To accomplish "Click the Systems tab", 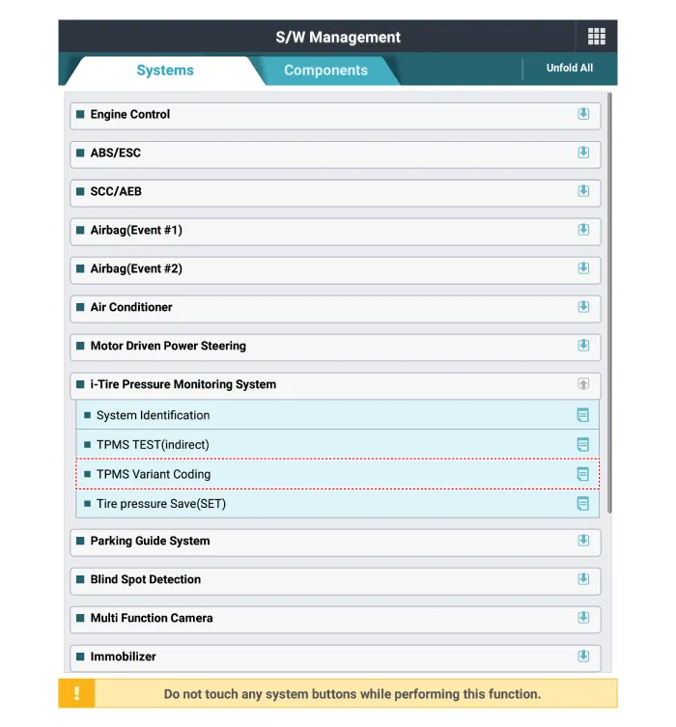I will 164,70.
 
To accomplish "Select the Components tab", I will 325,70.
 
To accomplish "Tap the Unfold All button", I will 570,69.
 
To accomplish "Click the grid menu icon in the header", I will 596,37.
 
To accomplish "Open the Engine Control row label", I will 130,114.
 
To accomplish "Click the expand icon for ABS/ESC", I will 583,153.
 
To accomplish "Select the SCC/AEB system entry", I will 116,191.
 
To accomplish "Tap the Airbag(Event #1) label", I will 136,230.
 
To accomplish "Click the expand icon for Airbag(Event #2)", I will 583,268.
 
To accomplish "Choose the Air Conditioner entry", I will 131,307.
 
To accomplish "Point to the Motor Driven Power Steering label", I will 168,346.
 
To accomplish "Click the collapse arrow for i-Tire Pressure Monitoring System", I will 583,384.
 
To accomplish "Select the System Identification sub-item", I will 153,415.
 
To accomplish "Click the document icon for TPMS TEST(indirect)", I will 582,445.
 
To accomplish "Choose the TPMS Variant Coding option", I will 154,474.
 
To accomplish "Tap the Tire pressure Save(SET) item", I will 161,504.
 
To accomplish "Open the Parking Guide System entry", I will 150,541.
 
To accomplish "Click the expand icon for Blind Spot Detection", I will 583,579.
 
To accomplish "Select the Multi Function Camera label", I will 152,618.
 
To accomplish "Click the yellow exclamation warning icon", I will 76,693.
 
